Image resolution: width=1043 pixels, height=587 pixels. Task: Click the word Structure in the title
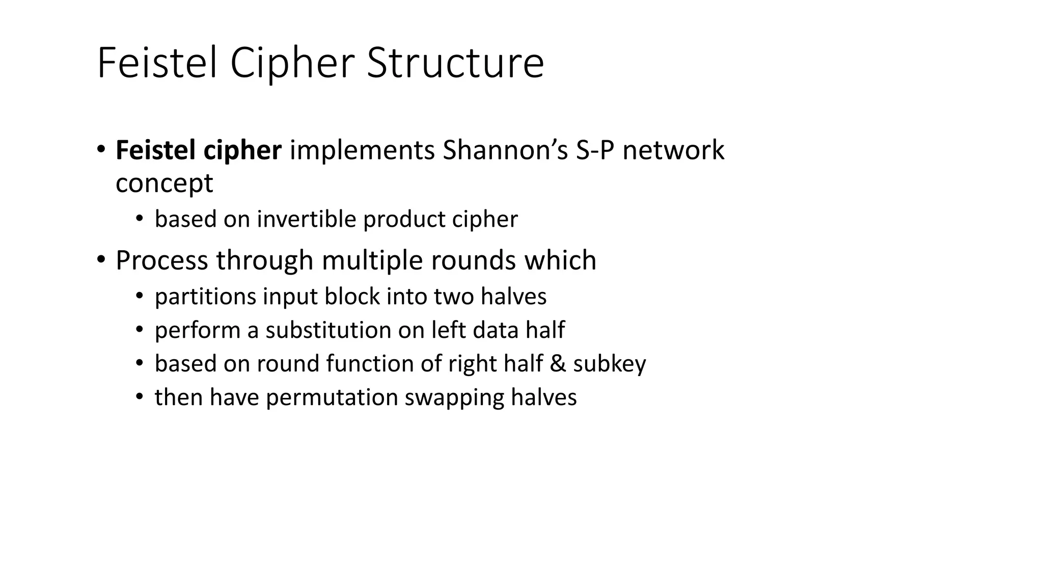coord(455,63)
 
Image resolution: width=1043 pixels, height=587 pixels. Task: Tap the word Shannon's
coord(505,150)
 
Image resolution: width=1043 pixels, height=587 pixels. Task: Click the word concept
coord(164,183)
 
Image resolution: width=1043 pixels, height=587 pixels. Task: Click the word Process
coord(161,260)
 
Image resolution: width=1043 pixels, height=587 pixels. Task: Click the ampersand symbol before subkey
coord(558,364)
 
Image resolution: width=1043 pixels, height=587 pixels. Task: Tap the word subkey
coord(609,364)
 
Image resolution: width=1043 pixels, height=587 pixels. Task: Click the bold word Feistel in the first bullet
coord(156,150)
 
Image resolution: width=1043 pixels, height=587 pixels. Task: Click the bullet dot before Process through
coord(101,260)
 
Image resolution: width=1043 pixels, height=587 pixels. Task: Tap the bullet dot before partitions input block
coord(140,296)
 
